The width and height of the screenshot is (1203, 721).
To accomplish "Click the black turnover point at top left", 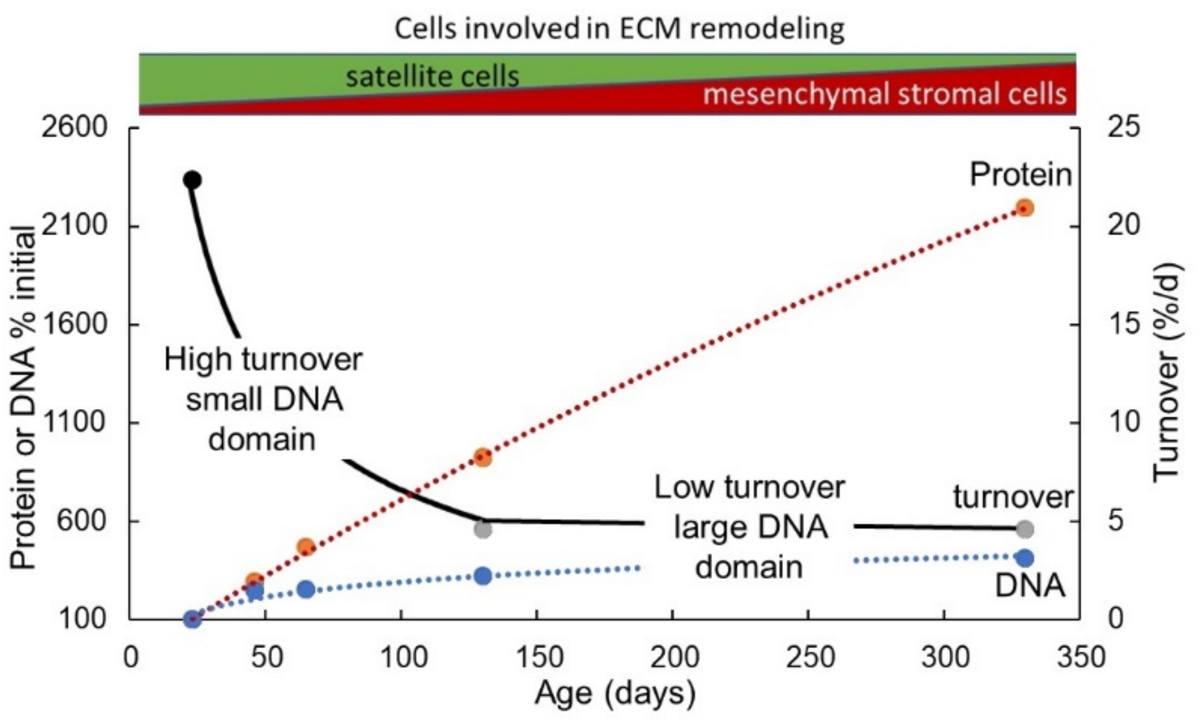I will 192,180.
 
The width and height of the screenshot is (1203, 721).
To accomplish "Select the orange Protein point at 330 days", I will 1025,208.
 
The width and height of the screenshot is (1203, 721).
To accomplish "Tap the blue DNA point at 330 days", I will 1025,558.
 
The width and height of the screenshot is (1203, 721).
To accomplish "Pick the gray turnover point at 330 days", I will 1025,529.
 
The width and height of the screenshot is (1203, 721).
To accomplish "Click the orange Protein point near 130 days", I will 482,457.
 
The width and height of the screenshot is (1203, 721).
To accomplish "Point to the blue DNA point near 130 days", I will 482,576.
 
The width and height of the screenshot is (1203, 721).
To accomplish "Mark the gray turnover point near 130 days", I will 482,529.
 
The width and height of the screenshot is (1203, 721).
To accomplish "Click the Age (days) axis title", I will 615,693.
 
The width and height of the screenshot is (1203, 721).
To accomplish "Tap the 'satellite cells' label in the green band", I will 432,76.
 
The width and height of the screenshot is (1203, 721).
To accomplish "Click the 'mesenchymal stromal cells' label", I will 884,94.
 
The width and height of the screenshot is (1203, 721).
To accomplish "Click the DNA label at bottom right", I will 1030,586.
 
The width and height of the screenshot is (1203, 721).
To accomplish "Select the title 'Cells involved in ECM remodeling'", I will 619,28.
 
